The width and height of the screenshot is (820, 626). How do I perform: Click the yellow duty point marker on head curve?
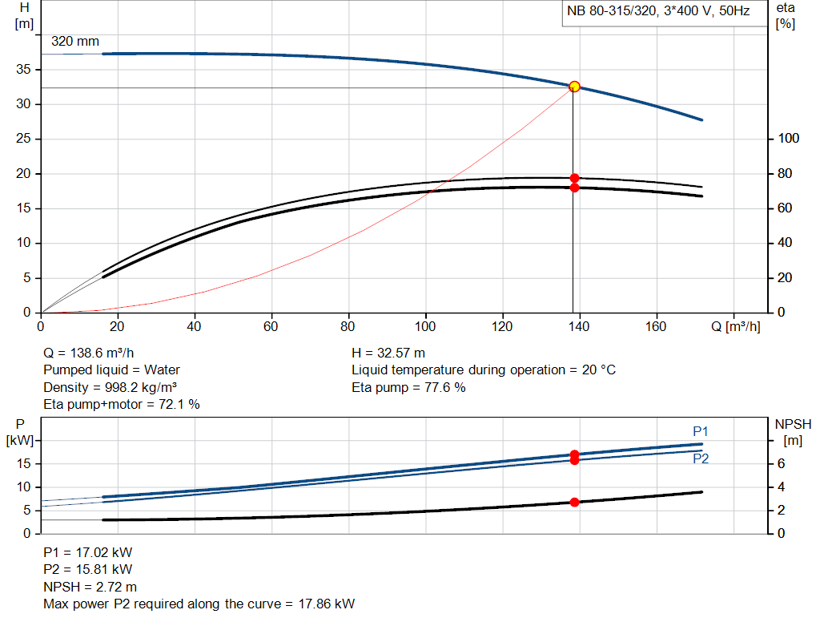[574, 87]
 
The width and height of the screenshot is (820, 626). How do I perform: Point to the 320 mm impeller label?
[76, 42]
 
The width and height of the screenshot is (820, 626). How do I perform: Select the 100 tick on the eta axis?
[789, 139]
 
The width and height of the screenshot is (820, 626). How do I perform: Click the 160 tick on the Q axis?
[657, 327]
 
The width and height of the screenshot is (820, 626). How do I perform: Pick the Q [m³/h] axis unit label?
[731, 327]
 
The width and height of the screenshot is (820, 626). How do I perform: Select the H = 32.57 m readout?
[388, 353]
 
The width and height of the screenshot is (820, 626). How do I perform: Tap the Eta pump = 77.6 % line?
[408, 387]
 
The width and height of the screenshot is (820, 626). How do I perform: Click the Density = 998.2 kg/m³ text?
[109, 387]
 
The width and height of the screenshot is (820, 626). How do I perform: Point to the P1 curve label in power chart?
[701, 431]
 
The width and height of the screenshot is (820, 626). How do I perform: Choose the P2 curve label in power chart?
[701, 458]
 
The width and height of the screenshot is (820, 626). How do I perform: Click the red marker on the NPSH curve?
[574, 502]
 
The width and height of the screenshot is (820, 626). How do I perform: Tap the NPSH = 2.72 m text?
[90, 587]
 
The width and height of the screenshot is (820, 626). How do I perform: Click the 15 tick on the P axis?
[24, 463]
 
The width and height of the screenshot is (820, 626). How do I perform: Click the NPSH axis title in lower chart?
[794, 424]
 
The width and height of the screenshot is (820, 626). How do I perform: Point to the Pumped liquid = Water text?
[111, 370]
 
